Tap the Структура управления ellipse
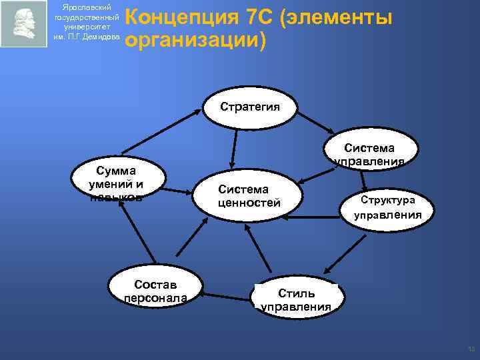coord(387,207)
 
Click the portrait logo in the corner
coord(24,24)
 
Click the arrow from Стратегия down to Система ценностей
coord(234,147)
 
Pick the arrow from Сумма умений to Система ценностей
coord(177,191)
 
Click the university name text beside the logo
coord(87,24)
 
